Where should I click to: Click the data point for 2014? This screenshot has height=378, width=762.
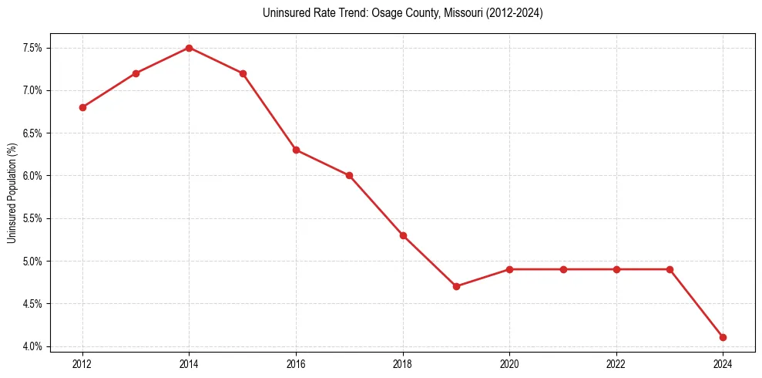tap(189, 48)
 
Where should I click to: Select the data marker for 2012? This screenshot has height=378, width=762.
tap(82, 107)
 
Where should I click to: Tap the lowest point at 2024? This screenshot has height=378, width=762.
tap(723, 337)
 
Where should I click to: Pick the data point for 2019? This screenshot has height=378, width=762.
tap(456, 286)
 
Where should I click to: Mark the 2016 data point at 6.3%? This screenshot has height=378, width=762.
tap(296, 150)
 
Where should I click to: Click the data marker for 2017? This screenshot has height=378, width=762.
tap(349, 175)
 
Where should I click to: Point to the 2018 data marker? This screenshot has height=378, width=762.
tap(403, 235)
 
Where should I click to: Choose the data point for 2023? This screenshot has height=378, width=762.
tap(670, 269)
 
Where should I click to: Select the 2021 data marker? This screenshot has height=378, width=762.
tap(563, 269)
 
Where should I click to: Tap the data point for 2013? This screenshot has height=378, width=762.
tap(136, 73)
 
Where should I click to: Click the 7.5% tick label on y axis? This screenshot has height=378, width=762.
tap(33, 48)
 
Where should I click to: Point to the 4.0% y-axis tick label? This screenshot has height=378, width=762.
tap(33, 346)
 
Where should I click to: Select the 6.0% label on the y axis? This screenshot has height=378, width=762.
tap(33, 176)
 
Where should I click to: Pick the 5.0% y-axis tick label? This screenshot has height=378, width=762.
tap(33, 261)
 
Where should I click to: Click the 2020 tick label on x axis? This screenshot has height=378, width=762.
tap(509, 363)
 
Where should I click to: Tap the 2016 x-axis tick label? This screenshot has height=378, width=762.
tap(296, 363)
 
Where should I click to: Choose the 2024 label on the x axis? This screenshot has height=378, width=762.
tap(723, 363)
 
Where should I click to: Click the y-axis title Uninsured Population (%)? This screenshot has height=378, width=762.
tap(12, 193)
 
